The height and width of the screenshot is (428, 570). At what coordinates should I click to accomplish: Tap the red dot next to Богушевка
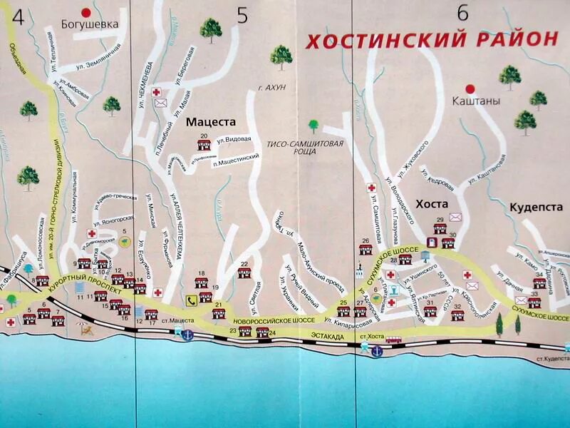click(x=87, y=12)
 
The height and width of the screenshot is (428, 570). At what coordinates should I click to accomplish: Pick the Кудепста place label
click(x=536, y=207)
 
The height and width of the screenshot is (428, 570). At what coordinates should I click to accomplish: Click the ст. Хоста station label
click(x=372, y=335)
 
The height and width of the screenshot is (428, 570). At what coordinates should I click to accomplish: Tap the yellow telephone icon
click(x=192, y=300)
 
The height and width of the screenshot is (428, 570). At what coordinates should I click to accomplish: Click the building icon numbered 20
click(x=204, y=144)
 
